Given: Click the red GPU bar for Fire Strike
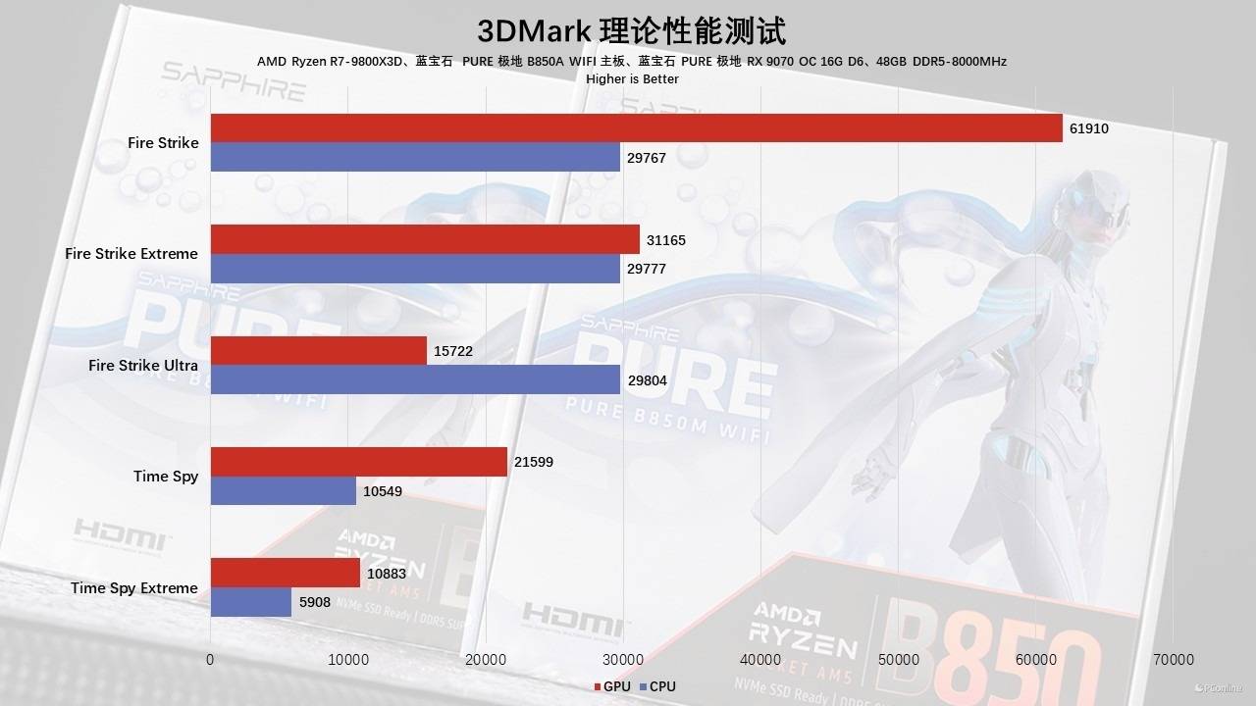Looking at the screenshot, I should (x=636, y=127).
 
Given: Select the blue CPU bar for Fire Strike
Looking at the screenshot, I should (x=415, y=158).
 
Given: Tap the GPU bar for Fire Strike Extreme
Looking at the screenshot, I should (x=425, y=239).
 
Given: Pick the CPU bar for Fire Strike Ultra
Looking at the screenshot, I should (x=415, y=379).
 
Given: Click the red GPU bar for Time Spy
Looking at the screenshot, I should (x=359, y=462).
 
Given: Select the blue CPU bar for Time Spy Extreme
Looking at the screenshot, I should (x=251, y=602).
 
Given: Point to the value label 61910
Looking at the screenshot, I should (x=1089, y=128).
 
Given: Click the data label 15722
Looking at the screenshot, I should (x=452, y=351).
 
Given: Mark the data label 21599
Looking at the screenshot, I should (x=534, y=462).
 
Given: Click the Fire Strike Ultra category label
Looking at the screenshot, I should (x=143, y=366).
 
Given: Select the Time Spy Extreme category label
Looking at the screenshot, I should (x=134, y=588).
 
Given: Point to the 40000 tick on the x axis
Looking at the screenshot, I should (x=760, y=660).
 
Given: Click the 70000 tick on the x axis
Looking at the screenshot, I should (x=1174, y=660).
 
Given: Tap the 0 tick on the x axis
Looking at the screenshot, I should (x=210, y=660).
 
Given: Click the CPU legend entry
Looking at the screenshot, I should (x=656, y=687).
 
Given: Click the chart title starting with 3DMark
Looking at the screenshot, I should (x=631, y=30).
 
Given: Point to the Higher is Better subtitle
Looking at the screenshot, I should (x=631, y=78).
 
